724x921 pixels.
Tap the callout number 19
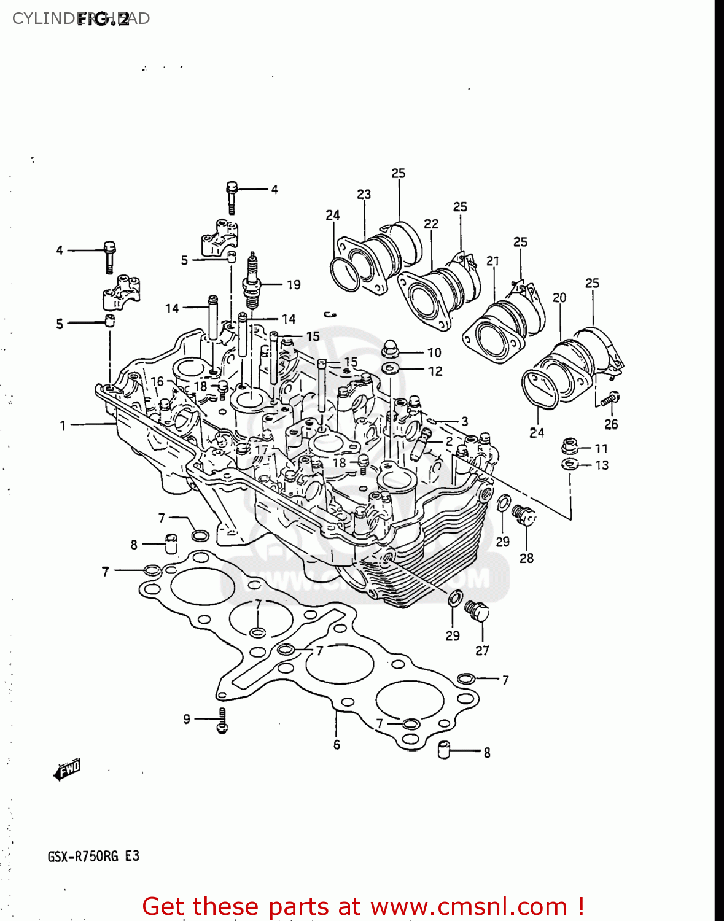(294, 285)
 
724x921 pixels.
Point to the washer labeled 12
(389, 368)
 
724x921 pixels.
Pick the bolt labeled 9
(222, 720)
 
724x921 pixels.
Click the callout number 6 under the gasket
(337, 745)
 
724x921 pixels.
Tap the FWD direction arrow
(68, 769)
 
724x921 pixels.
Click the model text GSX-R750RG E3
(93, 856)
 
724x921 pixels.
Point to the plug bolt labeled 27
(477, 611)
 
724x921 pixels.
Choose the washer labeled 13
(570, 464)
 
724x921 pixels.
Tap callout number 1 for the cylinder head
(63, 426)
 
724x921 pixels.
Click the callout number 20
(559, 298)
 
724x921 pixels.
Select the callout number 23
(364, 195)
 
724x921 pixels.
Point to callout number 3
(464, 421)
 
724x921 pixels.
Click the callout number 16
(157, 381)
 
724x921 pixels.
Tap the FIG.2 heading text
(103, 19)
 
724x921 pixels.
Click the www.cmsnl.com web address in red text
(469, 906)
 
